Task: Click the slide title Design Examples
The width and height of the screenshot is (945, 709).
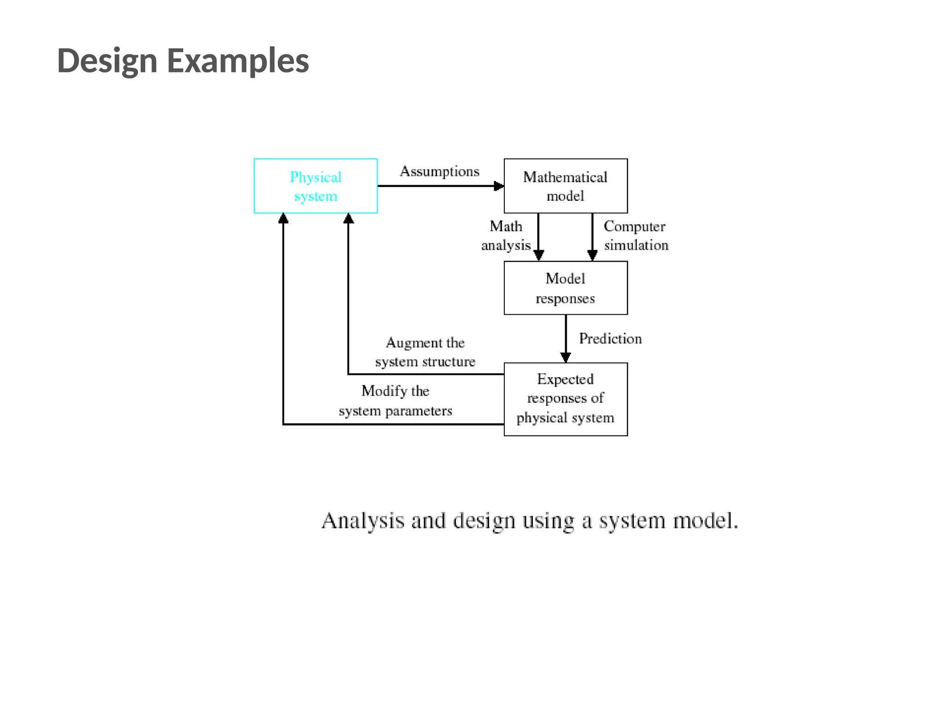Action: (x=183, y=60)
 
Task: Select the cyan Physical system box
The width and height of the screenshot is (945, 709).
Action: (x=316, y=186)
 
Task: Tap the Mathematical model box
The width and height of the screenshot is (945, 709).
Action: (x=565, y=186)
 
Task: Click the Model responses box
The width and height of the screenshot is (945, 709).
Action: (x=565, y=288)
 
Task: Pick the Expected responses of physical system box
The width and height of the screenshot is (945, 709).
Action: (x=565, y=399)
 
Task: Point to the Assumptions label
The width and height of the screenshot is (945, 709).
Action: (x=439, y=171)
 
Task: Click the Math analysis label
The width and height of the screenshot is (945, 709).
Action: (x=506, y=235)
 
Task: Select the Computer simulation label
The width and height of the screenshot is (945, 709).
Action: (x=635, y=235)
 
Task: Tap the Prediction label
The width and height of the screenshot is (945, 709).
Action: (x=610, y=338)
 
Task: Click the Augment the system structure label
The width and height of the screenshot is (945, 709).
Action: (x=425, y=352)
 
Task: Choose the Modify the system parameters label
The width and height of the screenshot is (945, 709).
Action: (x=395, y=401)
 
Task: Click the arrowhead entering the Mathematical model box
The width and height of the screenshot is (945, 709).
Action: (x=499, y=186)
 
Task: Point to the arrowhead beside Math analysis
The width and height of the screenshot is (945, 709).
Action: (x=538, y=255)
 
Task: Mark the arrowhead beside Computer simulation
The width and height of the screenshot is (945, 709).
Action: (x=592, y=255)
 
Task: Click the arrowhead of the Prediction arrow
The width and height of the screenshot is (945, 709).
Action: (x=566, y=357)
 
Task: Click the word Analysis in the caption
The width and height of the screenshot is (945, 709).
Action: (x=363, y=521)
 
